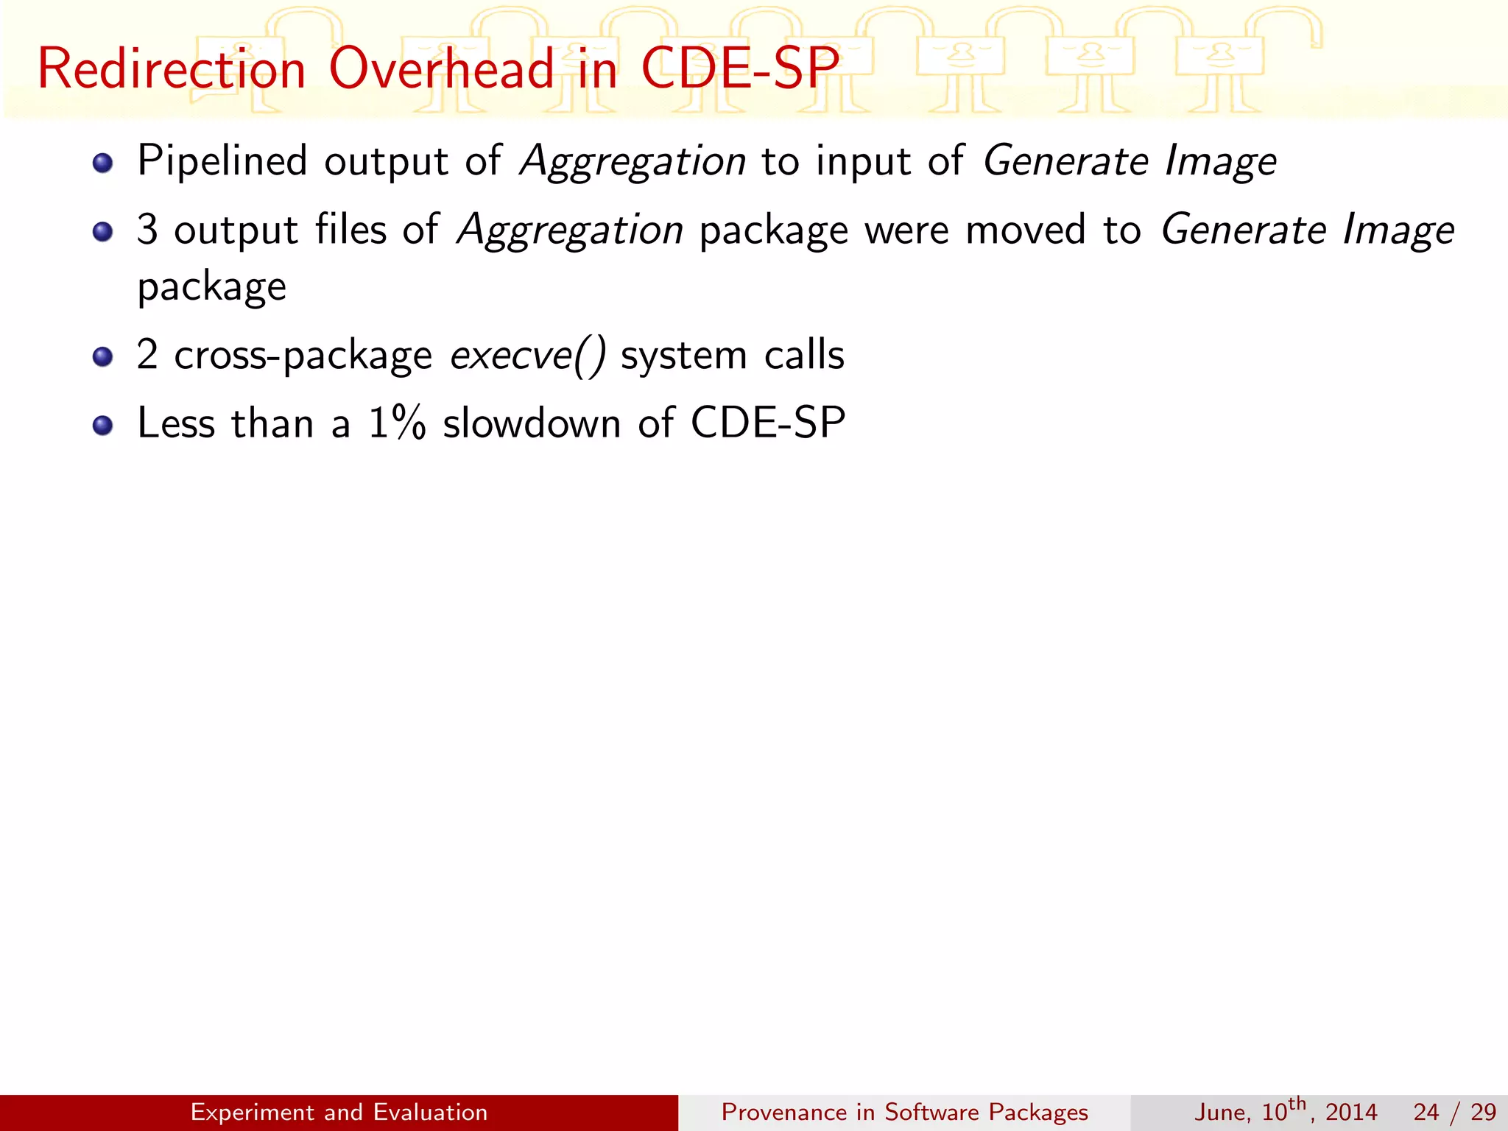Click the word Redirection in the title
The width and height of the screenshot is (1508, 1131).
[x=171, y=69]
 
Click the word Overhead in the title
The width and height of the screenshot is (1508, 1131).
[x=441, y=69]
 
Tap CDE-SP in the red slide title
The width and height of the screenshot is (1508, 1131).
[x=739, y=69]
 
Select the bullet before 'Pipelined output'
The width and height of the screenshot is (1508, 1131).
[x=103, y=163]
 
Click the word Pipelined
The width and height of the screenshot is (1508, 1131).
[x=222, y=161]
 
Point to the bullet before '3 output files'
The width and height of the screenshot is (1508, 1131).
[x=103, y=232]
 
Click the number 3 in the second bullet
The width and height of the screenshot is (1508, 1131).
[x=147, y=229]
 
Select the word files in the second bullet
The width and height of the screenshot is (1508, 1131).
[x=350, y=229]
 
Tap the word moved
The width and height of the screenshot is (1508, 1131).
[x=1025, y=229]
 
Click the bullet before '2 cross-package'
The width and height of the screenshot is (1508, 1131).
[x=103, y=358]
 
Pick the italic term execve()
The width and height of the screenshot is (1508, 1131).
[x=528, y=356]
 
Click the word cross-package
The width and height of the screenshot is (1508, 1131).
[x=303, y=357]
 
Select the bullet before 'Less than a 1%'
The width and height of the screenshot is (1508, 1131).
[x=103, y=426]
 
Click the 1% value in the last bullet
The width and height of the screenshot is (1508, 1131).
[x=397, y=423]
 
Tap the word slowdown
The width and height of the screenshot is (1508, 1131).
[x=532, y=423]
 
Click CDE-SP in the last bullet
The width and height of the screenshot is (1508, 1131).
[x=768, y=423]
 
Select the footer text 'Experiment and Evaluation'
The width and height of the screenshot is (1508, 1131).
[x=339, y=1112]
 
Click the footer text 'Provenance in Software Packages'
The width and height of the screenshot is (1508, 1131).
[x=904, y=1112]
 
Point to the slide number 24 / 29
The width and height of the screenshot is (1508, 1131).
[x=1454, y=1112]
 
